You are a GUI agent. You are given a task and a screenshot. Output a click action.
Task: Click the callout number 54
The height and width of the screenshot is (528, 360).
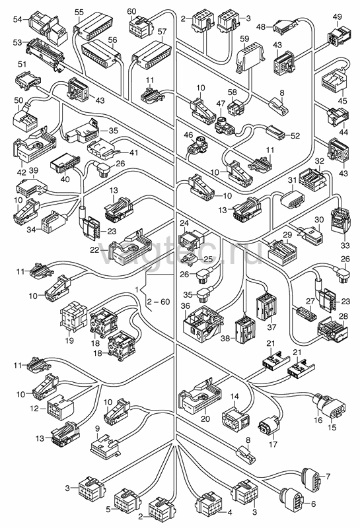click(18, 19)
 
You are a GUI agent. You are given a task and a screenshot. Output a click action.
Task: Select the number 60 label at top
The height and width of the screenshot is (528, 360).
click(131, 11)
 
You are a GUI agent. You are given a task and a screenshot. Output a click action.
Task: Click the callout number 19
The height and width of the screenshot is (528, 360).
click(69, 341)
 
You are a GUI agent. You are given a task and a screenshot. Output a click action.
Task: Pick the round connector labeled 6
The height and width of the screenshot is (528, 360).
click(291, 498)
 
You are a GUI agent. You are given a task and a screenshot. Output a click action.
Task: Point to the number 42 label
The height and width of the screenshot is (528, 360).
click(21, 173)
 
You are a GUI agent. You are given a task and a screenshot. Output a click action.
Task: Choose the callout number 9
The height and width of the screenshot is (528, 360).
click(97, 428)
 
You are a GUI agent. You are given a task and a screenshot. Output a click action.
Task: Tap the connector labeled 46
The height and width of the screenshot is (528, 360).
click(198, 147)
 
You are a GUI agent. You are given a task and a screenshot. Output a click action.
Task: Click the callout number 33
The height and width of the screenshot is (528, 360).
click(345, 245)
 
